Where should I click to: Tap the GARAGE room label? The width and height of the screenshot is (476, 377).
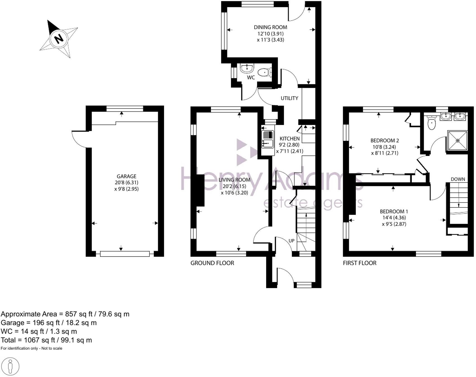tap(126, 176)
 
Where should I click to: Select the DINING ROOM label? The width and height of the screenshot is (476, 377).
tap(270, 27)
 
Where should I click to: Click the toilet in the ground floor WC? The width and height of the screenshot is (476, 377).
tap(264, 72)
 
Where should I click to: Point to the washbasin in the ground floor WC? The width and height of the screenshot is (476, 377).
tap(247, 68)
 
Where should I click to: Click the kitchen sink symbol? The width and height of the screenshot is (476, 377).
tap(267, 139)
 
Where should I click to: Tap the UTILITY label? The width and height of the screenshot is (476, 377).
tap(289, 98)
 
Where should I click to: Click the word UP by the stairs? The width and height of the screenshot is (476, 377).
tap(291, 241)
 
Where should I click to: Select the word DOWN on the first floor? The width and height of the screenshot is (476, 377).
tap(458, 179)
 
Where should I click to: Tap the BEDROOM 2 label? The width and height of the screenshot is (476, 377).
tap(384, 141)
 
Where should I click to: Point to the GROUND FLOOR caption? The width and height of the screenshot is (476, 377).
tap(212, 263)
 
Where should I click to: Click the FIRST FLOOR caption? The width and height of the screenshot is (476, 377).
tap(360, 263)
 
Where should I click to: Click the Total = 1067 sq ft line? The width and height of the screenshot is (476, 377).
tap(46, 340)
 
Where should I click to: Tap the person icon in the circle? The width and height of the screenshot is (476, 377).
tap(10, 366)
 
